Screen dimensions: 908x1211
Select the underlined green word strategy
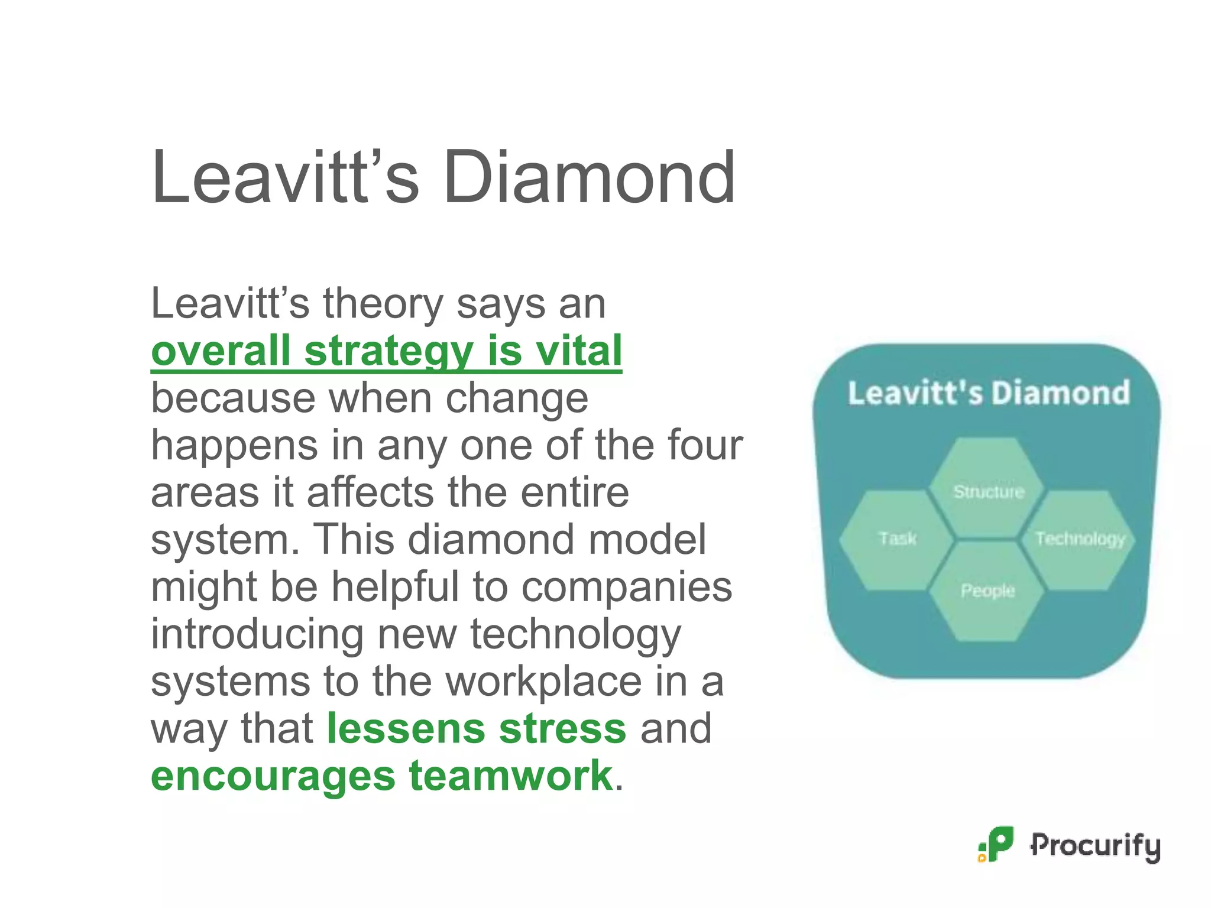[388, 352]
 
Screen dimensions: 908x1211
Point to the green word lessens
[405, 728]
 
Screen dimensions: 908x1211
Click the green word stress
[562, 728]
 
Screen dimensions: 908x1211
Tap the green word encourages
[273, 776]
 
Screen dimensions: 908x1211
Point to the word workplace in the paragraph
[543, 682]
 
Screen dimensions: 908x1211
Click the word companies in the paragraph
[627, 587]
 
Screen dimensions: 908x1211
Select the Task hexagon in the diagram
[896, 539]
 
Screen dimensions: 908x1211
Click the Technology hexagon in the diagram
[1080, 539]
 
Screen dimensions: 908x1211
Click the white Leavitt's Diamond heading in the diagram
[988, 393]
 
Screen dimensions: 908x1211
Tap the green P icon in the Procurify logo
[998, 844]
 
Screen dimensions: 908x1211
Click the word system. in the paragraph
[225, 540]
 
